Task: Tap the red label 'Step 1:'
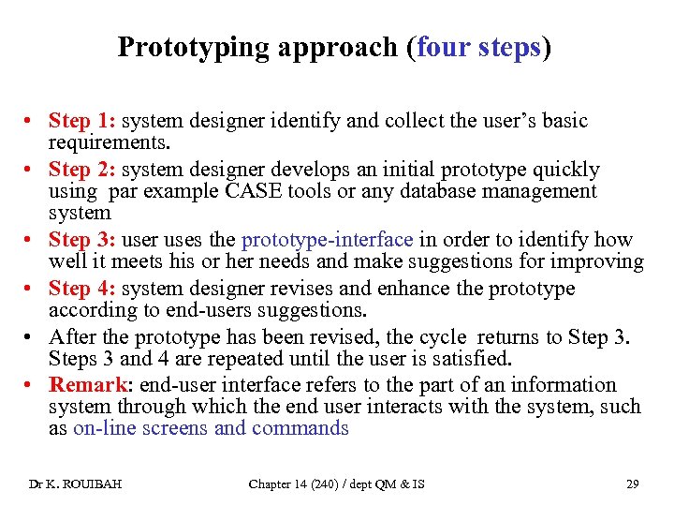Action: [82, 121]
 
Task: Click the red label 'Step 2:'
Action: [82, 170]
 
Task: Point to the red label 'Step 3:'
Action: [82, 240]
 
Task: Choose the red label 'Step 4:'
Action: [82, 289]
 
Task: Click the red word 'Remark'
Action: [88, 385]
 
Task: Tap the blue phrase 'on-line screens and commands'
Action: [211, 429]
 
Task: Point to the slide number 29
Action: [632, 484]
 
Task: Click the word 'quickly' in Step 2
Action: [565, 170]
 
